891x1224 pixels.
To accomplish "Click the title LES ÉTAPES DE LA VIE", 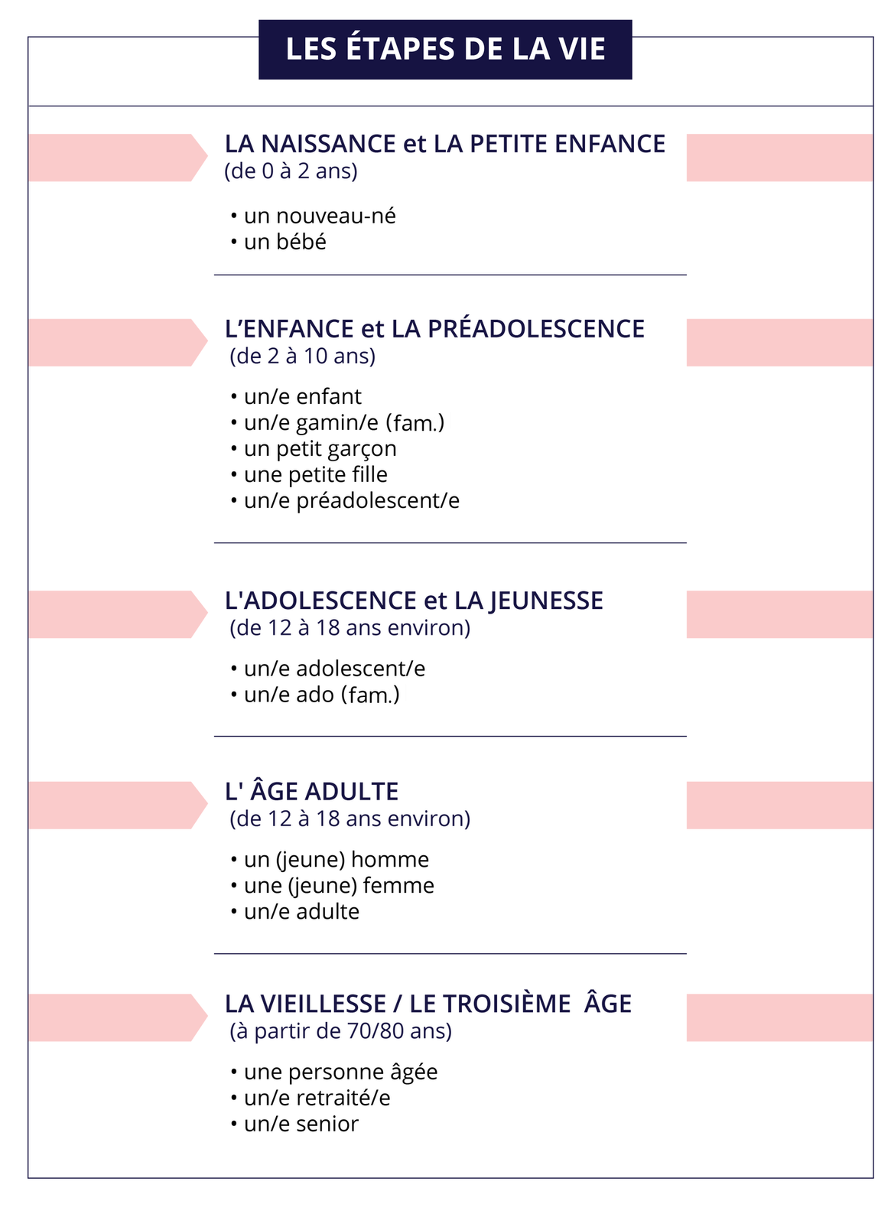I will pyautogui.click(x=445, y=50).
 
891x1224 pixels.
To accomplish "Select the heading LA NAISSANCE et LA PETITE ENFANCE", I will pyautogui.click(x=444, y=144).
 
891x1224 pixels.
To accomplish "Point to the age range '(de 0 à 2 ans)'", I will pyautogui.click(x=291, y=171).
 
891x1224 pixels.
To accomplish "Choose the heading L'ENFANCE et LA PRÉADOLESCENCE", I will pyautogui.click(x=434, y=329).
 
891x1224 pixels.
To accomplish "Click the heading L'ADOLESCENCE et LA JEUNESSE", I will pyautogui.click(x=414, y=601).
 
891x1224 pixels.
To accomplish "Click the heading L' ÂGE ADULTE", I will pyautogui.click(x=311, y=791).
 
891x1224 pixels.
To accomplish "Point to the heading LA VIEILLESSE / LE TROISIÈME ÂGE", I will pyautogui.click(x=428, y=1004).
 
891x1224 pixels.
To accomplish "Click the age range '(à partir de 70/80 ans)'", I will pyautogui.click(x=340, y=1031).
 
